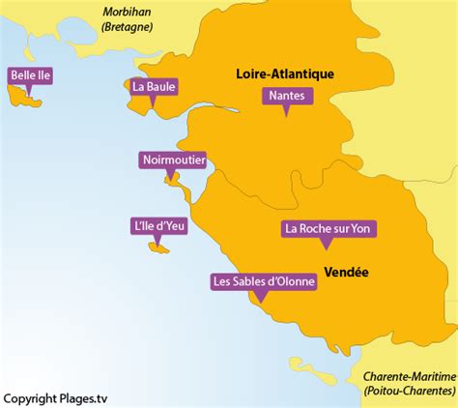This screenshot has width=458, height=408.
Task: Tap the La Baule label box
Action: [x=155, y=86]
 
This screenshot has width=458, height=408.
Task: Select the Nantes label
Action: [x=285, y=96]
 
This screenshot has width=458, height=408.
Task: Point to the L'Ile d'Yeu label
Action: [x=157, y=226]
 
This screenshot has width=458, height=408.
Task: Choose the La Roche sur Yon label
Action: [x=329, y=229]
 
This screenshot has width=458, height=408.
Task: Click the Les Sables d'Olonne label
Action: [x=263, y=282]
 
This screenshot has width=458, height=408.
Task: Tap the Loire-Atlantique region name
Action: [x=285, y=73]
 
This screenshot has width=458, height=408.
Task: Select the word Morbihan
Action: [x=129, y=13]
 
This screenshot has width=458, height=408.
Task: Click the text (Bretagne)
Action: [x=129, y=28]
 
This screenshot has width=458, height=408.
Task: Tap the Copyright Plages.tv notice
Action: [x=54, y=398]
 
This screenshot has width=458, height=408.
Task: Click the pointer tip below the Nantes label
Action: [x=285, y=115]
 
